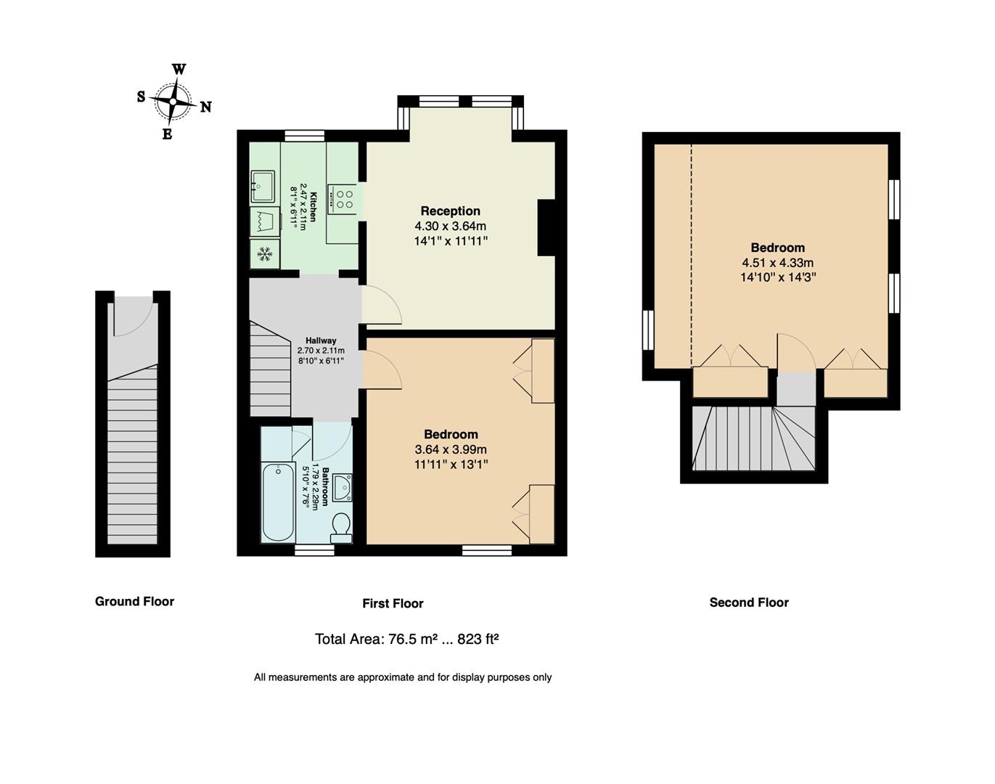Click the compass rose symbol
tap(174, 102)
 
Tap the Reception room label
tap(450, 211)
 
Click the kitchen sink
tap(263, 185)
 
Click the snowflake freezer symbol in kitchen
tap(266, 254)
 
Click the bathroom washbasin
tap(342, 487)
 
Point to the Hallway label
tap(321, 340)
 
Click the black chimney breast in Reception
tap(546, 227)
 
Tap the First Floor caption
tap(393, 603)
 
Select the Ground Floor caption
tap(134, 601)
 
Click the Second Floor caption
tap(749, 602)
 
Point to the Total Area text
tap(406, 639)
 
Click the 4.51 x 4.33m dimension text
tap(777, 263)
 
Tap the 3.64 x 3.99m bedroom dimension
tap(451, 449)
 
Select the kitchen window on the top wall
tap(304, 135)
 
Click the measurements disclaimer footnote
tap(403, 677)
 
